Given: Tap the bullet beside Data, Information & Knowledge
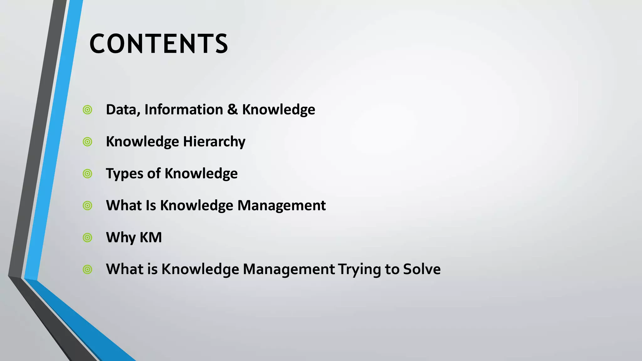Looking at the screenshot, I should point(87,110).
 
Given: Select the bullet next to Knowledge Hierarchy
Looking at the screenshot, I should point(87,142).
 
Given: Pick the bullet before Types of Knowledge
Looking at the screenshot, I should point(87,174).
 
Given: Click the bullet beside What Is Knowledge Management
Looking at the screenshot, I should point(87,206).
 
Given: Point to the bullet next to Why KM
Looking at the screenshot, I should point(87,238).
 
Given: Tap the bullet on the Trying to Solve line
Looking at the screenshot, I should point(87,269).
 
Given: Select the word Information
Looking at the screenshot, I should point(184,110).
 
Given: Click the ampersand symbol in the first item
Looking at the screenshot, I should point(232,110).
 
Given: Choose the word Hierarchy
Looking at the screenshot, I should point(214,142).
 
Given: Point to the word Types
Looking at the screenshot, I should point(124,174).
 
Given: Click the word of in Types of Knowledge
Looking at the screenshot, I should point(154,174).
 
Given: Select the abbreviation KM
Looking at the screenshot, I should point(150,238).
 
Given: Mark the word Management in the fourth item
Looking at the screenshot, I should point(282,206).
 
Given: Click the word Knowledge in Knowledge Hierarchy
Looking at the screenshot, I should point(142,142).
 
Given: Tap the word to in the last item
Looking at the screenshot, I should point(392,269).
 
